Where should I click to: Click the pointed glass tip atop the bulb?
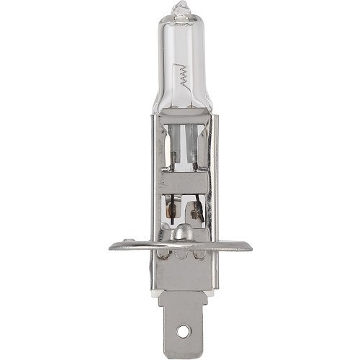[179, 9]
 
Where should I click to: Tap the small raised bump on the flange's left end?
[128, 243]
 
